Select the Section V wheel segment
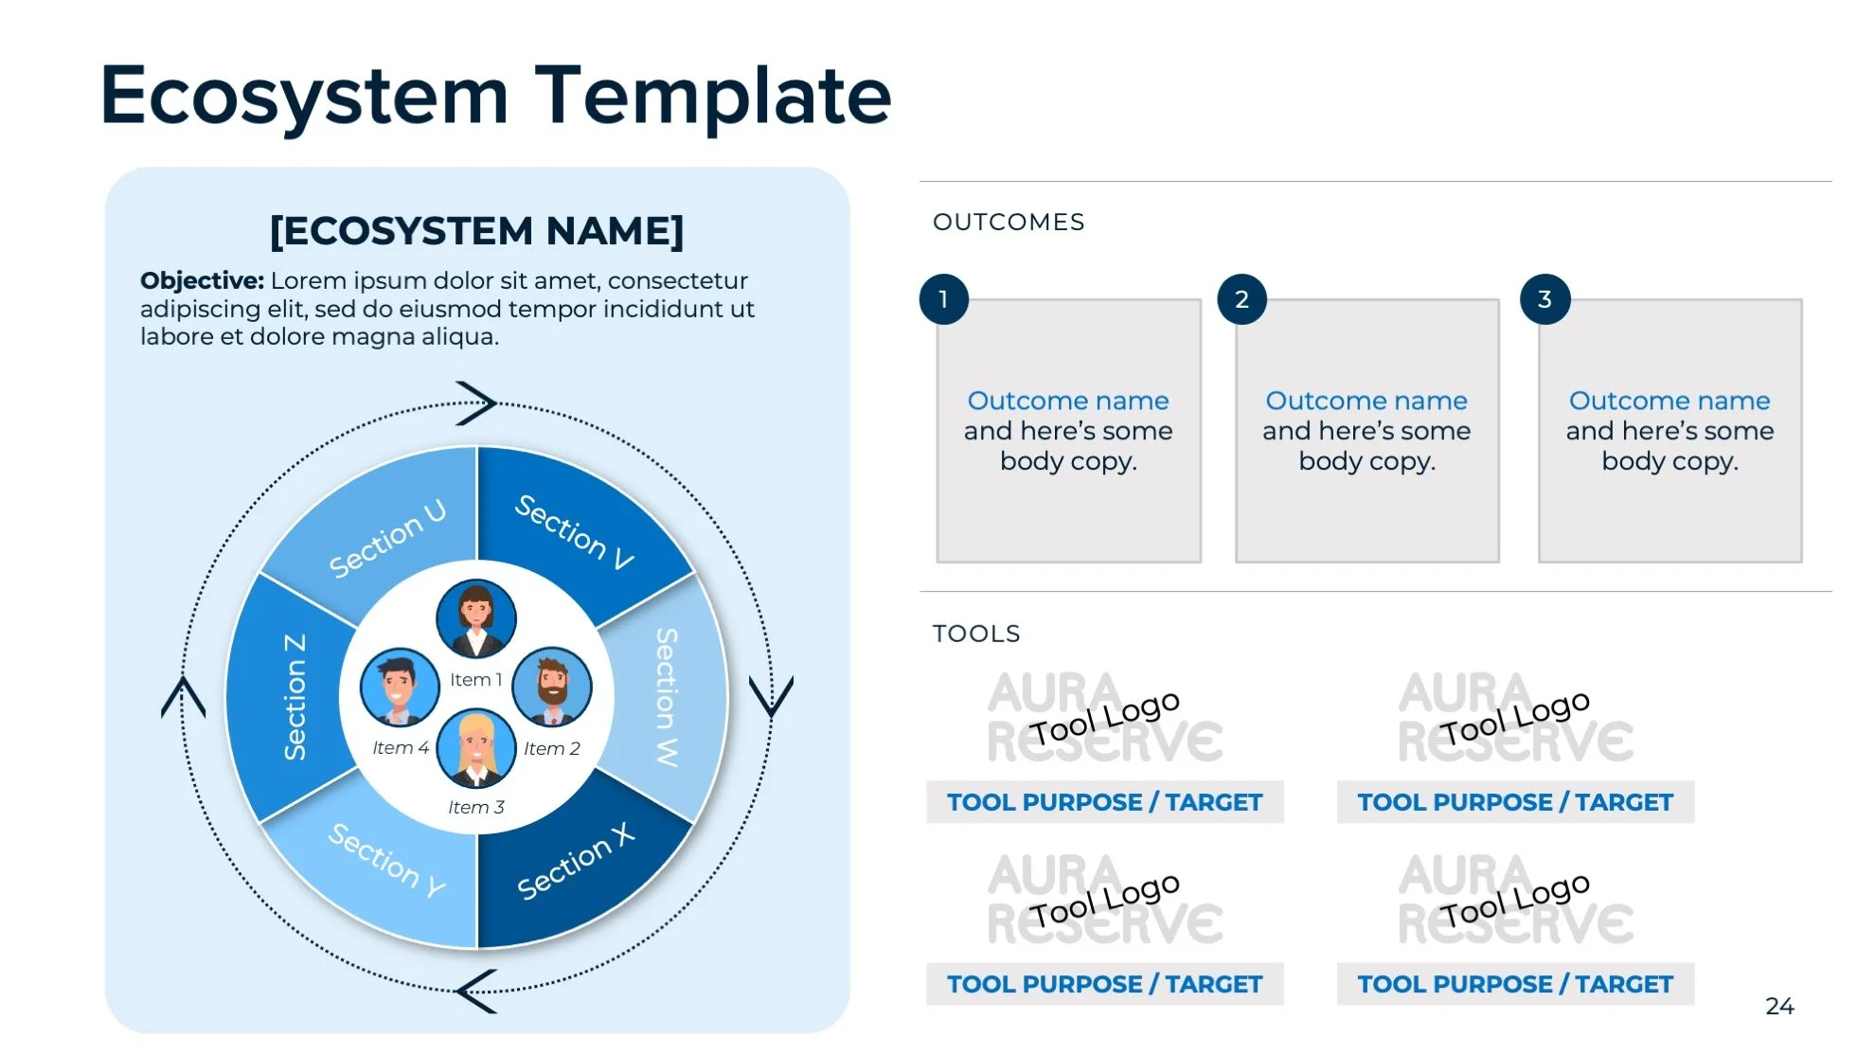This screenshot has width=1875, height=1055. point(573,530)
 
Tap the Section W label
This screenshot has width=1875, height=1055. point(668,698)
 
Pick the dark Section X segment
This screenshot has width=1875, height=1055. point(575,863)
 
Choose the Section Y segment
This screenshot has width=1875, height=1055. point(386,861)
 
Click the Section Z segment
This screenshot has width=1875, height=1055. point(295,698)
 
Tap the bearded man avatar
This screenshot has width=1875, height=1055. point(552,687)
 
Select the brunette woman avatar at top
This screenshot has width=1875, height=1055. point(476,618)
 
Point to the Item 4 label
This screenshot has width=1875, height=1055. point(400,748)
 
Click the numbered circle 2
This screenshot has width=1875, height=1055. point(1241,299)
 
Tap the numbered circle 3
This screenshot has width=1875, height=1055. point(1545,299)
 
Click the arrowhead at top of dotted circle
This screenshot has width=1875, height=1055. point(478,403)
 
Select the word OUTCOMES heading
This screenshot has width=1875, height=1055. point(1009,223)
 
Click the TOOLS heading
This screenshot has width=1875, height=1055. point(976,634)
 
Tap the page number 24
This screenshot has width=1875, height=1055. point(1779,1006)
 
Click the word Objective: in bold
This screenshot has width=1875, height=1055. point(202,281)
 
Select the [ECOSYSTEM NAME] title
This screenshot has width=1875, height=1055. point(476,231)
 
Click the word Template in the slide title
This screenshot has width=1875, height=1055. point(713,96)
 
